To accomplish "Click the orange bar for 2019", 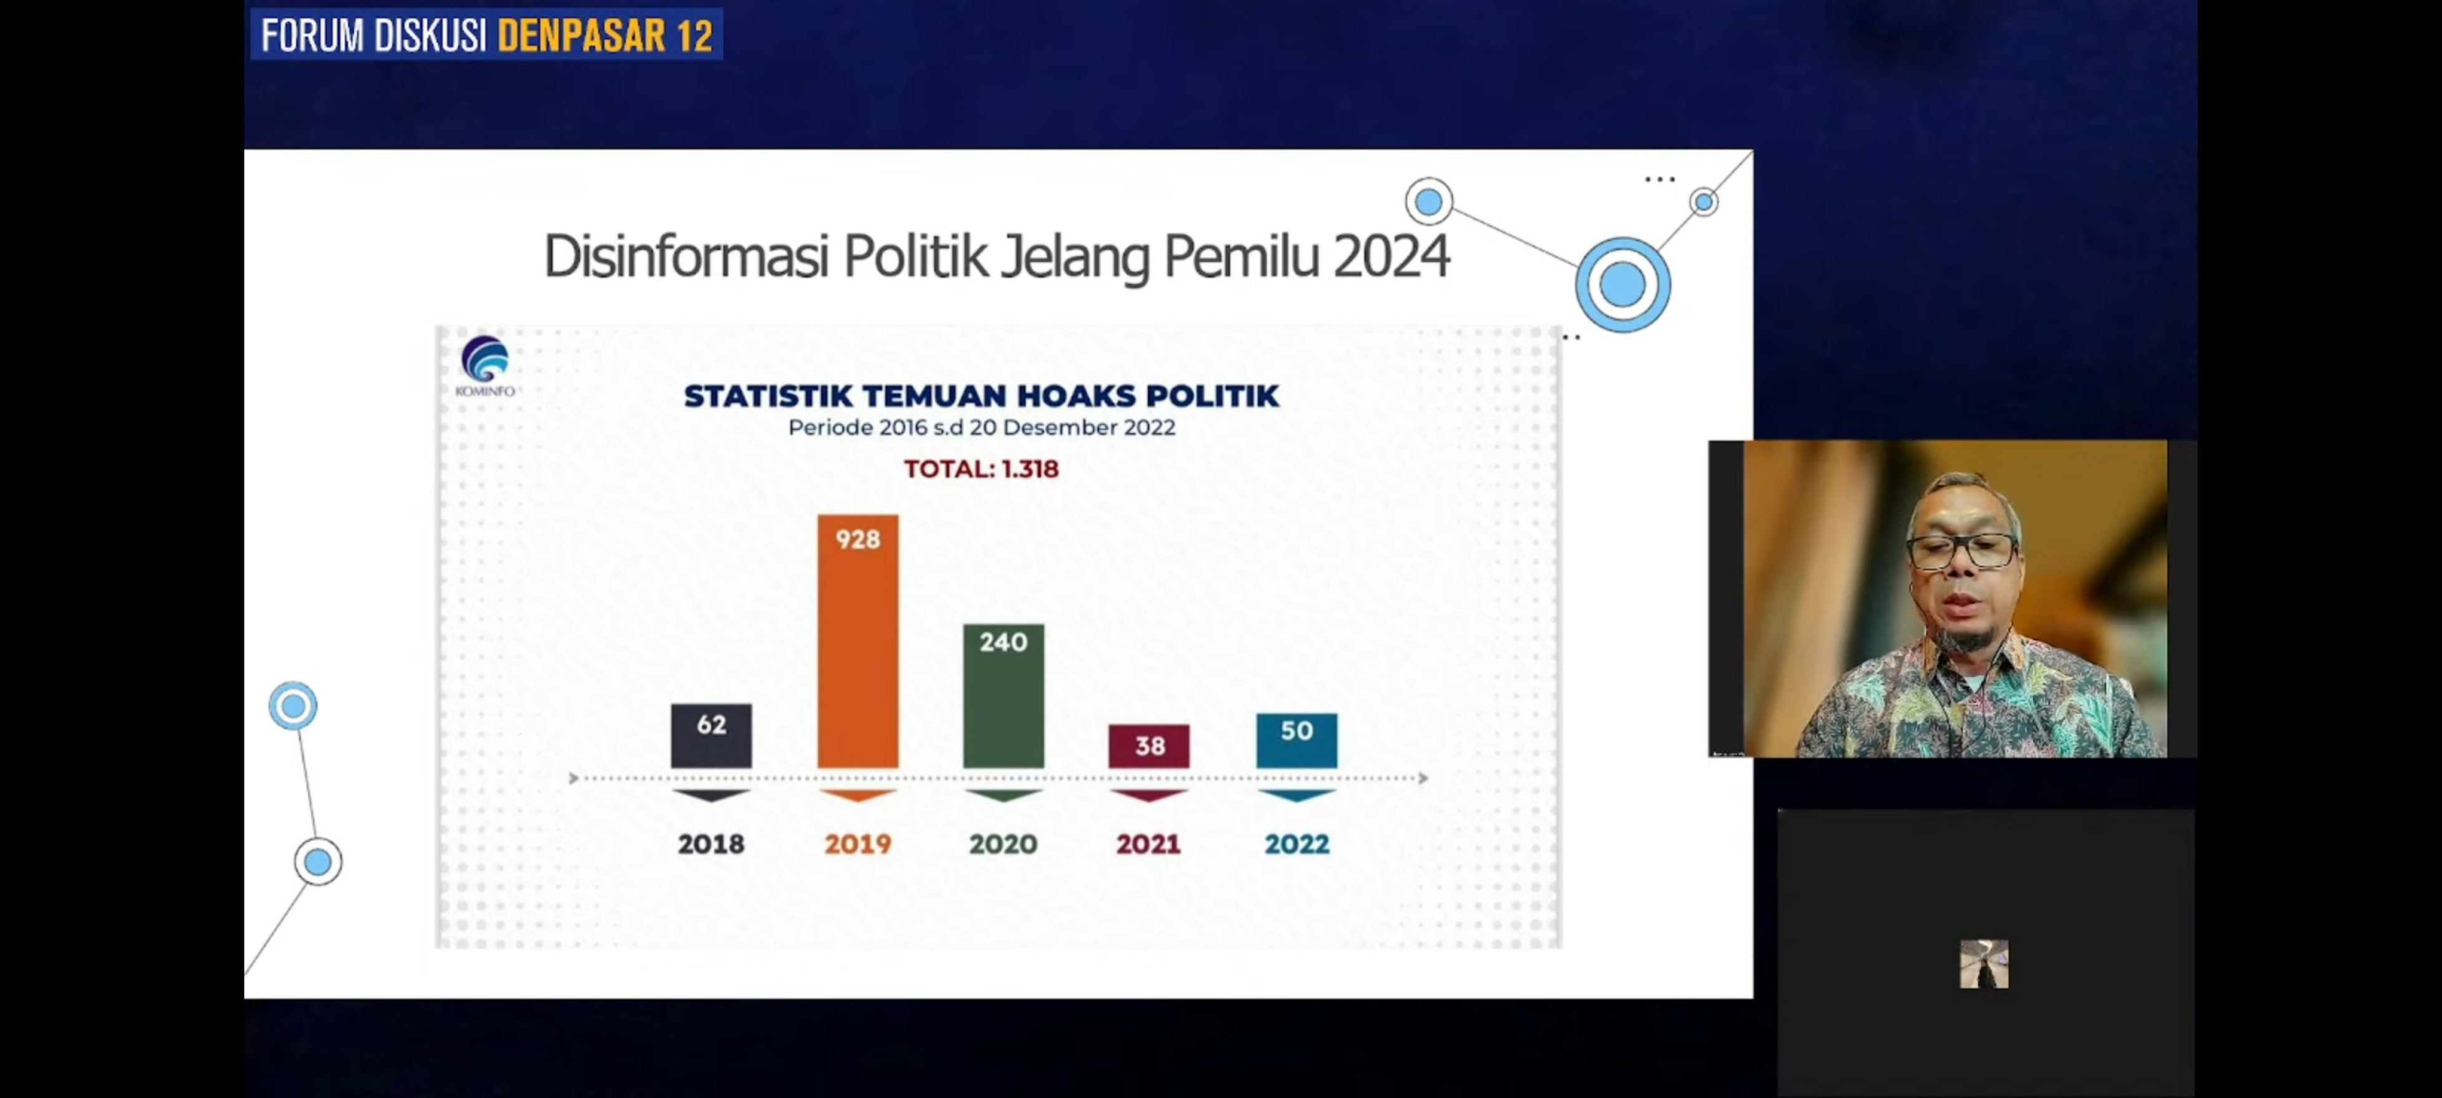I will click(x=858, y=654).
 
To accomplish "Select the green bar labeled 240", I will click(x=1003, y=701).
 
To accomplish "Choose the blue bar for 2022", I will click(x=1296, y=741).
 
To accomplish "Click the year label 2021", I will click(x=1148, y=844).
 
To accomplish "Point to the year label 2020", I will click(x=1003, y=844).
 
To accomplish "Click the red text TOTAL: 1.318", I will click(x=981, y=469).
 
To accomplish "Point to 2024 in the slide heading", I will click(x=1391, y=257).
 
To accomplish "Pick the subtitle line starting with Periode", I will click(x=981, y=428).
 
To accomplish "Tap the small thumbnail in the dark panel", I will click(x=1983, y=963).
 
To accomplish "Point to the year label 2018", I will click(x=711, y=844).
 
